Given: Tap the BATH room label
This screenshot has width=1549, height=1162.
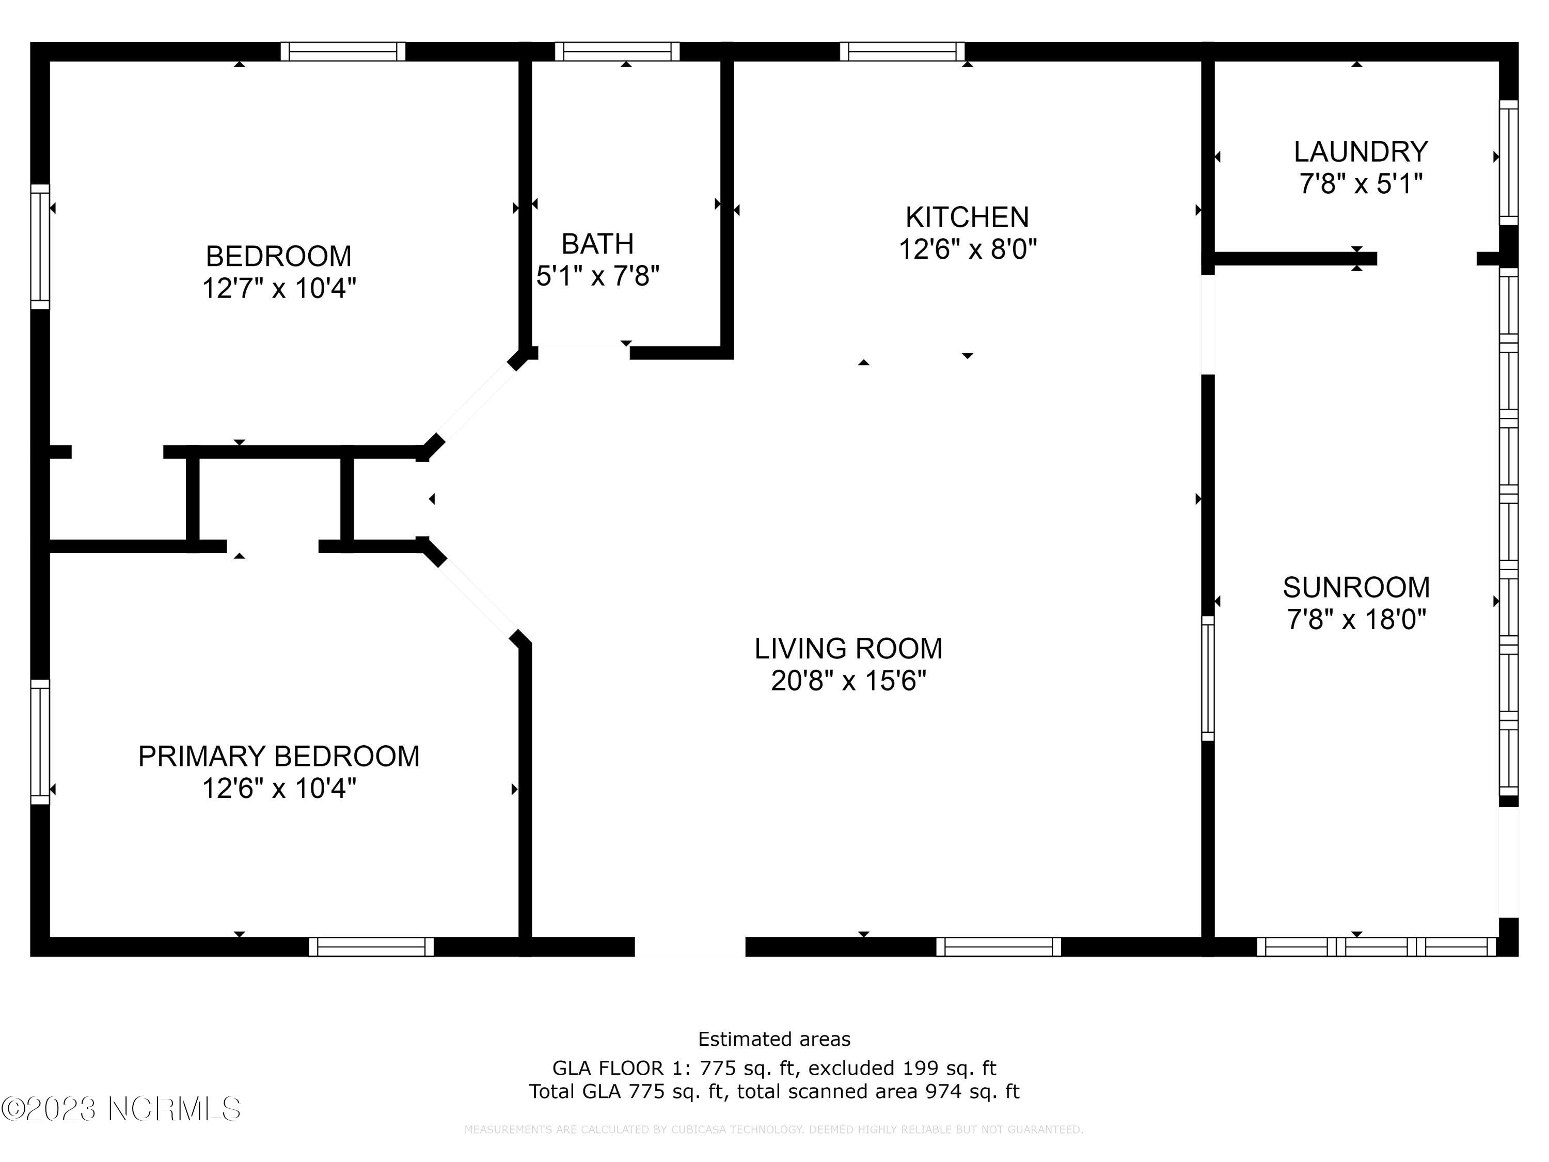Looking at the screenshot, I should (x=597, y=244).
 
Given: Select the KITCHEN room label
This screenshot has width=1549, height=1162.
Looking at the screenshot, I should (x=967, y=217).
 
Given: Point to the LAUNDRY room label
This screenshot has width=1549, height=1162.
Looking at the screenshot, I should (x=1360, y=152).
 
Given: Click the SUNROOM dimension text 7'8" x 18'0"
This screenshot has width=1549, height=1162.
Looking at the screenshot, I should (x=1356, y=619).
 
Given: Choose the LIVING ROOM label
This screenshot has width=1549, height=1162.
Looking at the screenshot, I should (x=848, y=649).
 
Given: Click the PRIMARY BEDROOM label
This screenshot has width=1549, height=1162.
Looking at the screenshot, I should (x=279, y=757).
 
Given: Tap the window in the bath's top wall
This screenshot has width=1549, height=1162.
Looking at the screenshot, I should (x=617, y=52).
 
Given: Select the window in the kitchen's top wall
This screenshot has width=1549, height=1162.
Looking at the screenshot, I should (x=902, y=52).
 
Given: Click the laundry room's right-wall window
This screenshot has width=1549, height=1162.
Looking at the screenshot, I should (x=1508, y=163).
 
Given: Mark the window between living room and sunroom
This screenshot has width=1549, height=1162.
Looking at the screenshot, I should (x=1207, y=678).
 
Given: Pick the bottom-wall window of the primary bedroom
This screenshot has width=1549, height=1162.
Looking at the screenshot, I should (x=371, y=947).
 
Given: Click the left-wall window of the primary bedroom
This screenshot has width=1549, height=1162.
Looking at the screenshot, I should (x=40, y=742).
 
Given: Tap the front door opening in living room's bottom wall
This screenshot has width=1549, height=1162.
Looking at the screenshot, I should (x=690, y=947).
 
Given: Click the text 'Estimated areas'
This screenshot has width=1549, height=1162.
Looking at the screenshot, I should (x=774, y=1039).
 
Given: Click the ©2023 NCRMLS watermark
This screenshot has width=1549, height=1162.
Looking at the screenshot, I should (x=120, y=1109).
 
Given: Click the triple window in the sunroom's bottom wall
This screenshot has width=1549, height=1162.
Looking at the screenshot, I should (x=1377, y=947).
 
